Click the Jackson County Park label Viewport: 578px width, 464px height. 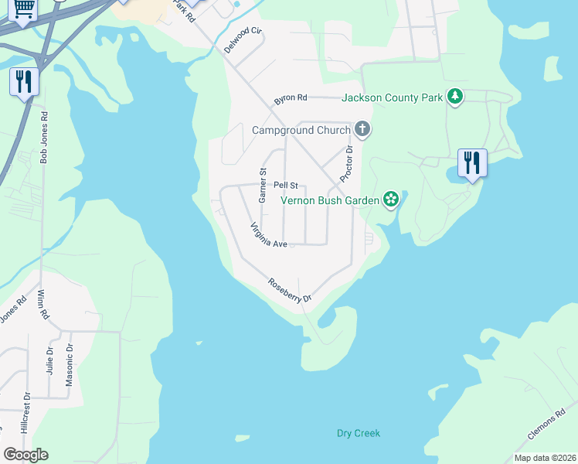[392, 97]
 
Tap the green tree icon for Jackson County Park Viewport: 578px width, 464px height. [456, 97]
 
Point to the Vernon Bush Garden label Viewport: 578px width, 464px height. [330, 200]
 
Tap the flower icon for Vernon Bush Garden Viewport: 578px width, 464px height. [391, 200]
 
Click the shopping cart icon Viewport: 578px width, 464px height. [24, 9]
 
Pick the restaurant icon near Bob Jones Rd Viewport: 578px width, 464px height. [24, 81]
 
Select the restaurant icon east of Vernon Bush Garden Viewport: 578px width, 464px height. [471, 162]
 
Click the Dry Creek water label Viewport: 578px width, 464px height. [359, 433]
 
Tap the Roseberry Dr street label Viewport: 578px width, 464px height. [290, 290]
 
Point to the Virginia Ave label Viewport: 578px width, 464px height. [268, 235]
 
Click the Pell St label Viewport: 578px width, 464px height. [286, 186]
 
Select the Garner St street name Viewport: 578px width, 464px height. [263, 186]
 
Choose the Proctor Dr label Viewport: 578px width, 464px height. [346, 163]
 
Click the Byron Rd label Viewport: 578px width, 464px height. [291, 99]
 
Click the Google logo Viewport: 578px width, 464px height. [25, 455]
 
